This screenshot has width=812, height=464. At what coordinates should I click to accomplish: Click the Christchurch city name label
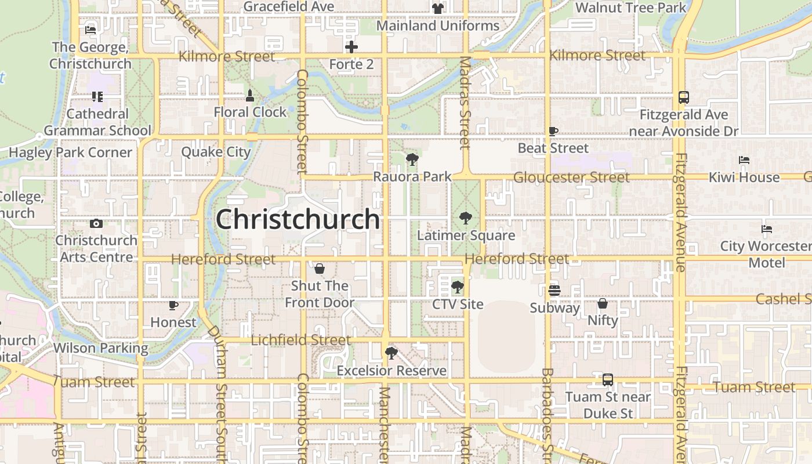(298, 219)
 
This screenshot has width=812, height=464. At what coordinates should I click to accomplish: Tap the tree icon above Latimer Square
(465, 218)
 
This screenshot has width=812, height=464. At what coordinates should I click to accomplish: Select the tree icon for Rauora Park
(412, 159)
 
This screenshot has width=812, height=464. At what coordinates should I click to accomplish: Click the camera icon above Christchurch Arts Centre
(96, 223)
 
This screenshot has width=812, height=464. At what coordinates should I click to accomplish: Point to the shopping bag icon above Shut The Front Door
(319, 269)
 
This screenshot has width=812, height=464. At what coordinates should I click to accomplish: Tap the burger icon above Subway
(554, 290)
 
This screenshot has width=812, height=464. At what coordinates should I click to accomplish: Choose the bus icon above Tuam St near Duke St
(607, 380)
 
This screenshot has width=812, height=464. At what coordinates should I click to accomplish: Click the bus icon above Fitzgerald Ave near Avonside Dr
(683, 97)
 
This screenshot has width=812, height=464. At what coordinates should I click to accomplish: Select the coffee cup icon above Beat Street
(553, 131)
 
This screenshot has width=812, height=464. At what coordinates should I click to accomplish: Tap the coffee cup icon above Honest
(173, 304)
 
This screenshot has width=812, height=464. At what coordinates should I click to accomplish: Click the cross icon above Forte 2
(351, 47)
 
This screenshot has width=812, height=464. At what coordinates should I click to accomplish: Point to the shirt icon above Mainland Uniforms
(437, 9)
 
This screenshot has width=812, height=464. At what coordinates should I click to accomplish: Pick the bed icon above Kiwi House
(744, 160)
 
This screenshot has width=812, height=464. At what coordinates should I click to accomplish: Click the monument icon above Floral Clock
(250, 95)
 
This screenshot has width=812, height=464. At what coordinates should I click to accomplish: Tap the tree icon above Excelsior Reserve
(391, 353)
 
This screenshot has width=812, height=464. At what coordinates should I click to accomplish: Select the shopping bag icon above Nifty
(603, 303)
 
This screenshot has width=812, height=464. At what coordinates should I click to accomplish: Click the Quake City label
(216, 152)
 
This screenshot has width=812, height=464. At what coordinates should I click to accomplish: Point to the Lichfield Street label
(300, 340)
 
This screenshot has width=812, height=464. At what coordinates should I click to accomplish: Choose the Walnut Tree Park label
(630, 8)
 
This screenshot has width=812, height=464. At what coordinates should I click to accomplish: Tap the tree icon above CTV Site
(458, 287)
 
